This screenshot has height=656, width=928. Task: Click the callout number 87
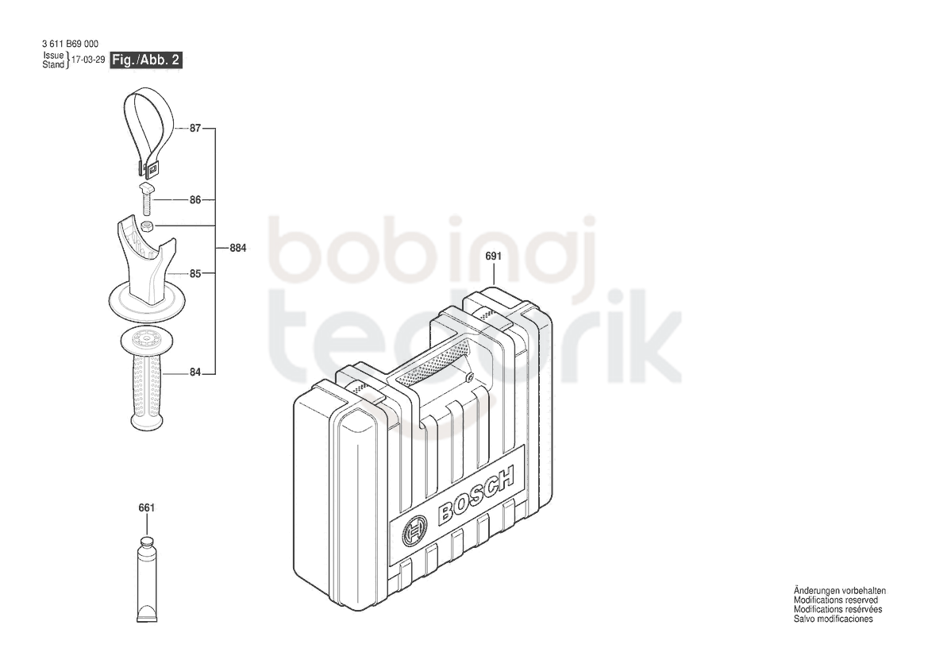pos(195,128)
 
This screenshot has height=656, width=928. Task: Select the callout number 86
pos(195,200)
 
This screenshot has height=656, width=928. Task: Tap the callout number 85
pos(195,273)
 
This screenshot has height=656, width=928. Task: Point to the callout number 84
pos(195,372)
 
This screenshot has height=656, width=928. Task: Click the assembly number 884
pos(238,248)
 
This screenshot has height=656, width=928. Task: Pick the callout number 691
pos(493,257)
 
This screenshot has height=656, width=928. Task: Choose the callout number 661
pos(146,508)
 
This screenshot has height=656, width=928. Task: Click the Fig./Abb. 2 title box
pos(146,60)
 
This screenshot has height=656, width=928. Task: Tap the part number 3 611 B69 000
pos(71,44)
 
